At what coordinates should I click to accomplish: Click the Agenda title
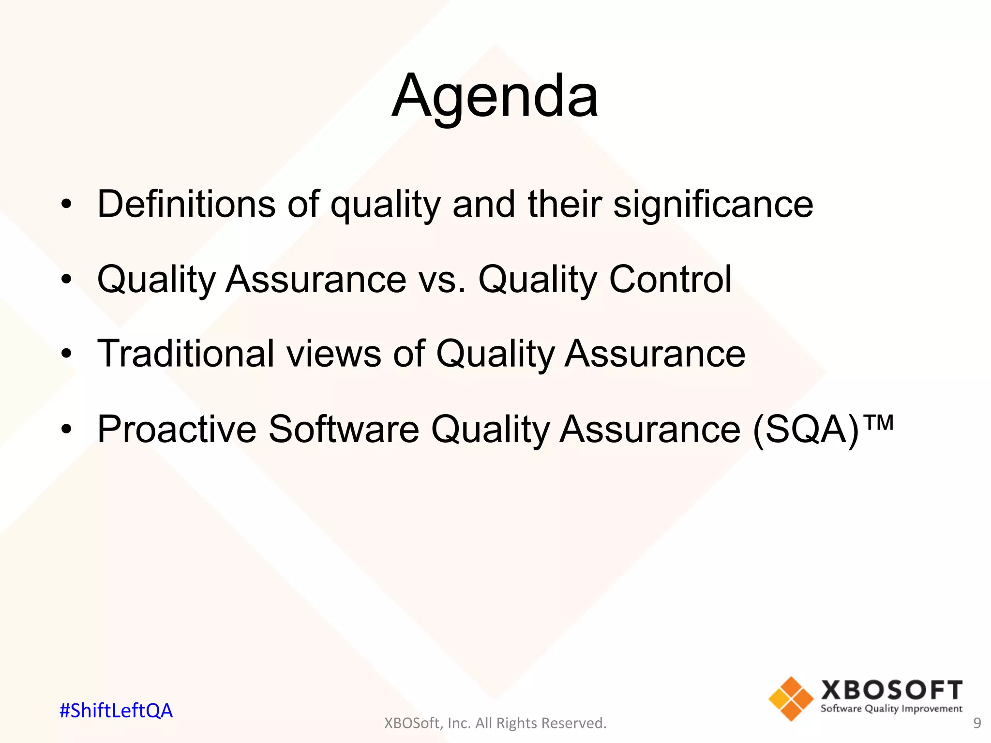[495, 97]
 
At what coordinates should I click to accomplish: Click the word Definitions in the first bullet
[186, 204]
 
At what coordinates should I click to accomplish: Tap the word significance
[713, 204]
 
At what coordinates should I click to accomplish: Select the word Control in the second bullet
[670, 279]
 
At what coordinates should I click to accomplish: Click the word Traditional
[186, 354]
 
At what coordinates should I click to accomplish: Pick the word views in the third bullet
[334, 355]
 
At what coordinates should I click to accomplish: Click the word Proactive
[177, 429]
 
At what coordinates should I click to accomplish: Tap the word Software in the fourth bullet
[344, 429]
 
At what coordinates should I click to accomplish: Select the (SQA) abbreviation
[806, 429]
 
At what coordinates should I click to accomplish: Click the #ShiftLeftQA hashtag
[116, 711]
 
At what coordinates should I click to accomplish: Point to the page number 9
[977, 723]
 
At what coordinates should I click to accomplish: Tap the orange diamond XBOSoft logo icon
[791, 698]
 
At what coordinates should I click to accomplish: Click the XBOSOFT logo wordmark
[891, 690]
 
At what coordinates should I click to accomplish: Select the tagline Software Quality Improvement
[891, 709]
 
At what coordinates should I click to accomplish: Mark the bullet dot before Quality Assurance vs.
[67, 279]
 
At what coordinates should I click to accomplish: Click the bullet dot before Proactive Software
[67, 429]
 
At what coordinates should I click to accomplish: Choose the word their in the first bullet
[564, 204]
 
